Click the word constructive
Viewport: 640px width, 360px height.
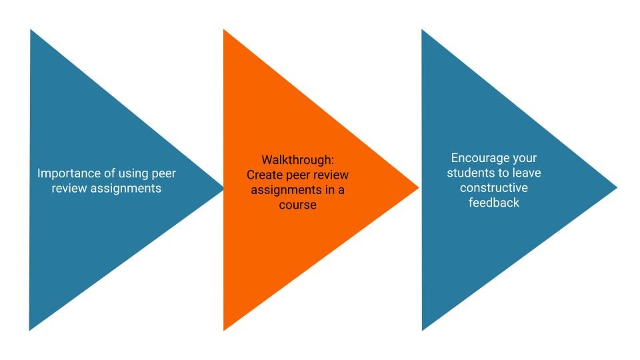pos(493,188)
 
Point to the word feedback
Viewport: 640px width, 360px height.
pos(493,203)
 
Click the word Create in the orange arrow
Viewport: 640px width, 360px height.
pos(263,175)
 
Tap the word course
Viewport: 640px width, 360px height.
pos(297,205)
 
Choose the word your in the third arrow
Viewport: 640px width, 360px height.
pos(523,159)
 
